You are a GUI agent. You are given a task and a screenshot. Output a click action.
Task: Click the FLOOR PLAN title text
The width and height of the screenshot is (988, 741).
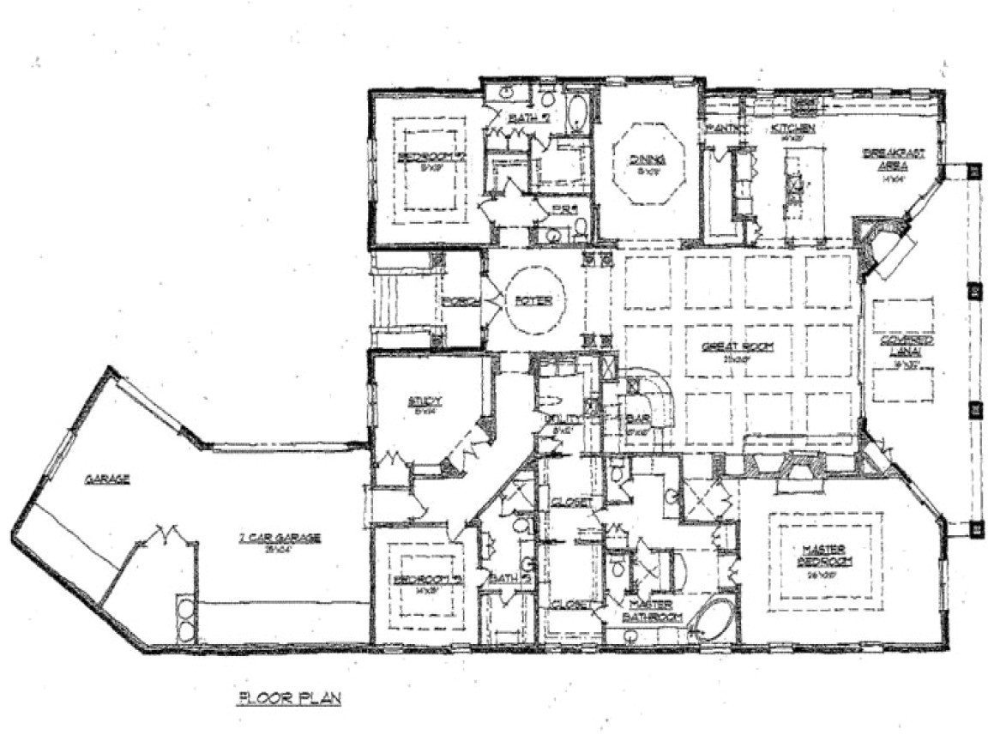(289, 698)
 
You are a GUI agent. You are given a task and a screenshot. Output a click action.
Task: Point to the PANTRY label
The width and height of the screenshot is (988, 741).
(726, 129)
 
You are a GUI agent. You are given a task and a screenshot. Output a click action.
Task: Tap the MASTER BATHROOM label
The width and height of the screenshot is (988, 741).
(654, 610)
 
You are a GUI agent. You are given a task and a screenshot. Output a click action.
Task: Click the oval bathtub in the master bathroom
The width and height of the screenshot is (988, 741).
(711, 624)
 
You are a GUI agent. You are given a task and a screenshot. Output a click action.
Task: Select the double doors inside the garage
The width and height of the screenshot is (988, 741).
(163, 536)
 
